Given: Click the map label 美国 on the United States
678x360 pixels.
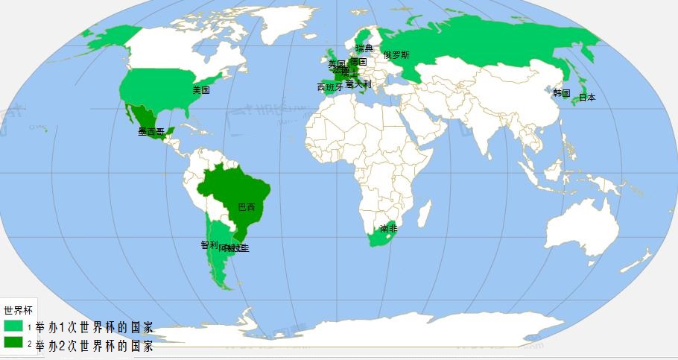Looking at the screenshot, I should (x=200, y=90).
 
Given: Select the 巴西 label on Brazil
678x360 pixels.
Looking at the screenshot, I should (x=246, y=207).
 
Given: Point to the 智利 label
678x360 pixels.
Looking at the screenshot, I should (x=209, y=244).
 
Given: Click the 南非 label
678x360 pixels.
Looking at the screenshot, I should (x=388, y=228).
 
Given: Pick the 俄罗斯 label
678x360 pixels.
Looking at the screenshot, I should (x=396, y=55).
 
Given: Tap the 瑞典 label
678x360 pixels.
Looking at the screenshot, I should (x=364, y=48).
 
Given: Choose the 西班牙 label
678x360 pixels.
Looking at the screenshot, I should (x=330, y=87).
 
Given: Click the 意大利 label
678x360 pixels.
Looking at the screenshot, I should (x=358, y=85).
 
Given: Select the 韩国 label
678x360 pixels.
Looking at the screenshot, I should (x=561, y=93).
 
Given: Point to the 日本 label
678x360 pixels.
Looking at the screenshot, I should (x=587, y=98).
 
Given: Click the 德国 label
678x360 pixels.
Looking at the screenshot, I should (x=358, y=63).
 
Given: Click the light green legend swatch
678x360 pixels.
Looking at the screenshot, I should (x=13, y=326).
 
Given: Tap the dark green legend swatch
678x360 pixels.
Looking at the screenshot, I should (x=13, y=342).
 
